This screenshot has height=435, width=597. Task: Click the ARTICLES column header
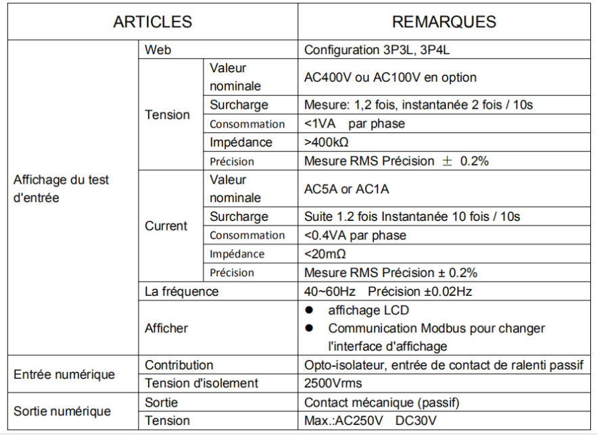152,22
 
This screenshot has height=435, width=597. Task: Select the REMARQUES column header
444,22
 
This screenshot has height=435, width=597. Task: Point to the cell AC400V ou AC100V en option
390,77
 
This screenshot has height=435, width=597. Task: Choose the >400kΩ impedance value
330,143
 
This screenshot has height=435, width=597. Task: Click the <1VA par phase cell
354,124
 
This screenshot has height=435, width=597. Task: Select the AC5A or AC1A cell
346,189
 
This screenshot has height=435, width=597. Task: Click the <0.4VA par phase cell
355,235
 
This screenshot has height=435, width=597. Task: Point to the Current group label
166,226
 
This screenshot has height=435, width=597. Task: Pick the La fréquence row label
181,292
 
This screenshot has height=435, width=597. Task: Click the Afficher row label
166,328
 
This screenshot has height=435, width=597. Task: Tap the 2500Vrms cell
333,384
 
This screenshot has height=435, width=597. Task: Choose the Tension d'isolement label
201,384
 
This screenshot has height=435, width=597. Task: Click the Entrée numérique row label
64,374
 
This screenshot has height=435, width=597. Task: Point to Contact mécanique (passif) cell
381,403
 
